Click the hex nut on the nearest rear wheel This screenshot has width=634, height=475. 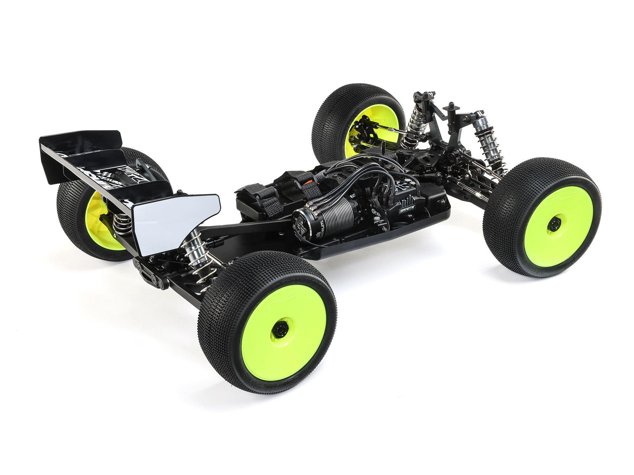[278, 333]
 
